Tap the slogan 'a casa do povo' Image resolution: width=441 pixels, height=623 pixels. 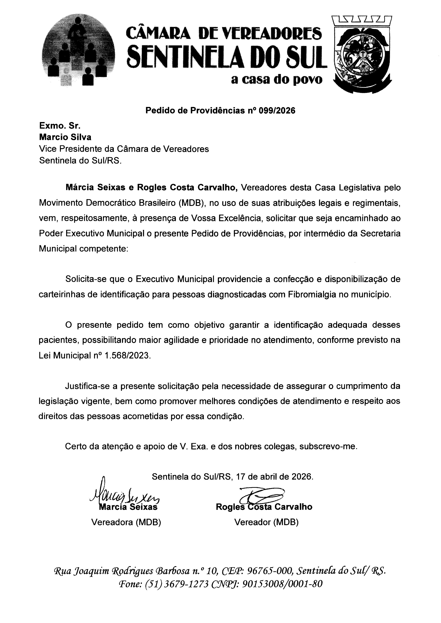(x=277, y=80)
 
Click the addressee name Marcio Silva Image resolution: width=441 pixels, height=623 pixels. (x=65, y=137)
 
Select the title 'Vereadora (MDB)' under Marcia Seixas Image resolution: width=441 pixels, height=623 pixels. (x=126, y=522)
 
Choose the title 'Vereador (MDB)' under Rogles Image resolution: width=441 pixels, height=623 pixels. (x=266, y=522)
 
